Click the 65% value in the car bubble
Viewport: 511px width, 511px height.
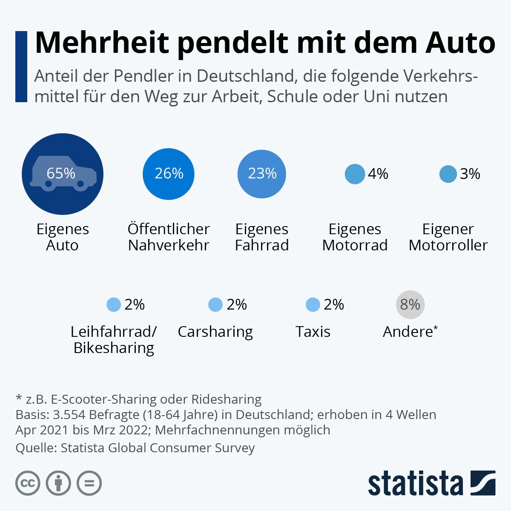61,173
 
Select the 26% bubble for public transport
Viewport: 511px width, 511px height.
169,174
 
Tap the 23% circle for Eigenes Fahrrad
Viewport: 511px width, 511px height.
262,174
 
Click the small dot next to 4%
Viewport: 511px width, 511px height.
355,174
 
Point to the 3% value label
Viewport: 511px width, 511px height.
470,174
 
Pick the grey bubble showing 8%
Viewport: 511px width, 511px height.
410,304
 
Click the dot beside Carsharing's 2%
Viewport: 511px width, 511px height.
215,305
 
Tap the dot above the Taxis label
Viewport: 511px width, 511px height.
313,305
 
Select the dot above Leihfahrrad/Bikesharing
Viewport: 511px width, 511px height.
114,305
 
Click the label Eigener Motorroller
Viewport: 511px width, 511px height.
448,237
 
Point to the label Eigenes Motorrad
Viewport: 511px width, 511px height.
355,237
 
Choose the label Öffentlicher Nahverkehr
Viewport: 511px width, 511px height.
169,237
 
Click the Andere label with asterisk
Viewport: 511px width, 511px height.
410,331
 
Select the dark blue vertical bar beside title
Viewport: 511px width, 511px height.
21,66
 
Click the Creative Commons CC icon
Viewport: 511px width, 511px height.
28,483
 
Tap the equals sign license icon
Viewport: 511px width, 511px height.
89,483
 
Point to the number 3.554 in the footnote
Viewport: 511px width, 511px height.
67,414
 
